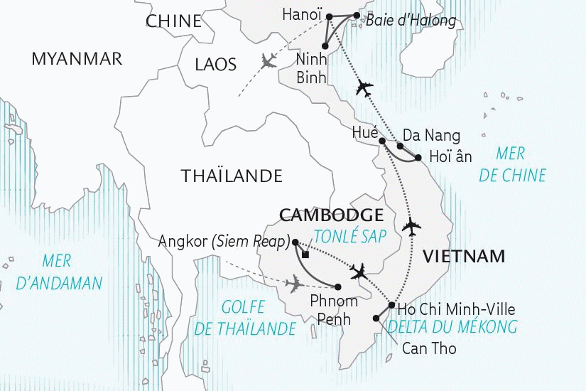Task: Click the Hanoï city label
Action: [302, 14]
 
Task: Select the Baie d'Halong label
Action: [411, 20]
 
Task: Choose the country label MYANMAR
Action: [77, 59]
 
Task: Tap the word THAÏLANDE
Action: [232, 176]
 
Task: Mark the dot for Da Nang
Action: [400, 146]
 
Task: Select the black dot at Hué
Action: [382, 141]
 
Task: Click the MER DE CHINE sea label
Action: [512, 164]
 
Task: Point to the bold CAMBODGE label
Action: [332, 215]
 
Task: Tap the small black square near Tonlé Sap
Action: [305, 254]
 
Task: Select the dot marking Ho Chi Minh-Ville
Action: [391, 305]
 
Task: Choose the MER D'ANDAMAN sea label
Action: [59, 273]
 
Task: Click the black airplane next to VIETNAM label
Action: [411, 228]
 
